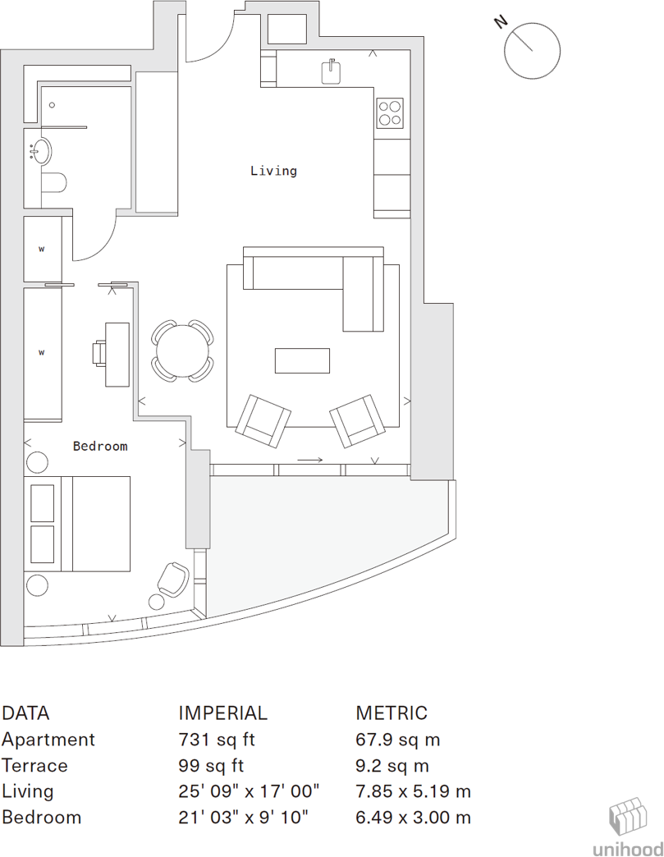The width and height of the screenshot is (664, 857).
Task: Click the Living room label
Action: [x=273, y=171]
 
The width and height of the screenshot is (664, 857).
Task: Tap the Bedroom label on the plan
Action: [x=100, y=446]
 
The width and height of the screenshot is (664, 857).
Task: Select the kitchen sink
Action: [x=331, y=72]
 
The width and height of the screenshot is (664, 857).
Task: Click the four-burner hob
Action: [x=390, y=113]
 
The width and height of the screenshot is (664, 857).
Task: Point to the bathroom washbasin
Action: [x=39, y=152]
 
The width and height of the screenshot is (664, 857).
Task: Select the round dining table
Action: [x=182, y=351]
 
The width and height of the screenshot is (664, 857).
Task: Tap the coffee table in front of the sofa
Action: [x=302, y=360]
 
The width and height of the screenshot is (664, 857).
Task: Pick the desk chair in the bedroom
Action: [x=98, y=353]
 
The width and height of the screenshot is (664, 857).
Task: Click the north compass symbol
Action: [x=531, y=51]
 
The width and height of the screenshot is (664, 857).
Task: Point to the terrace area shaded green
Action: [x=312, y=534]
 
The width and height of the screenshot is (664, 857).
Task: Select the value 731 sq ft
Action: [x=217, y=740]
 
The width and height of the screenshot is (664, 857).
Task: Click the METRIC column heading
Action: [x=392, y=713]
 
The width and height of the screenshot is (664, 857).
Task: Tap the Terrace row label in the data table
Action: [x=34, y=766]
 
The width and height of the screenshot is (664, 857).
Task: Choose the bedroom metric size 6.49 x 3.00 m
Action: [x=413, y=818]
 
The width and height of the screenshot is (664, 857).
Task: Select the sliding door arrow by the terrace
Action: [x=310, y=461]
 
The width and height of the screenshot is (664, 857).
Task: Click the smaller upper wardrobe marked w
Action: [x=42, y=249]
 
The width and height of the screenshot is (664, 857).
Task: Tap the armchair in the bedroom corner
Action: [x=172, y=579]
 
